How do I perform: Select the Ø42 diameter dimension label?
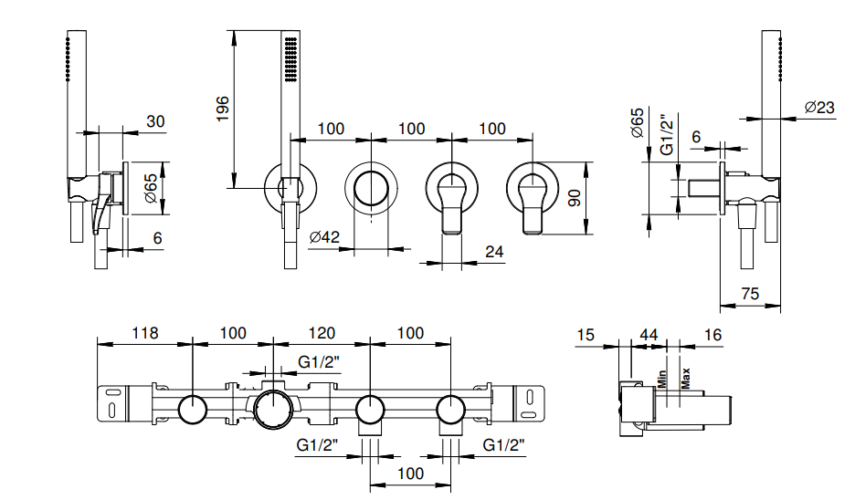(x=324, y=237)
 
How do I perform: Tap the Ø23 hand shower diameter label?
(x=819, y=108)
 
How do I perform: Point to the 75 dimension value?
(x=749, y=293)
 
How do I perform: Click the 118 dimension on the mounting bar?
(x=145, y=333)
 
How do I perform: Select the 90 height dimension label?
(x=574, y=198)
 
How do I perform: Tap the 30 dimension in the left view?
(x=156, y=121)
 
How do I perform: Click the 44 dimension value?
(x=649, y=335)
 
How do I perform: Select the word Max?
(x=684, y=377)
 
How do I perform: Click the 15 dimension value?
(x=586, y=335)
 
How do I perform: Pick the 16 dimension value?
(x=712, y=335)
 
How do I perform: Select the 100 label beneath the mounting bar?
(x=411, y=473)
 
